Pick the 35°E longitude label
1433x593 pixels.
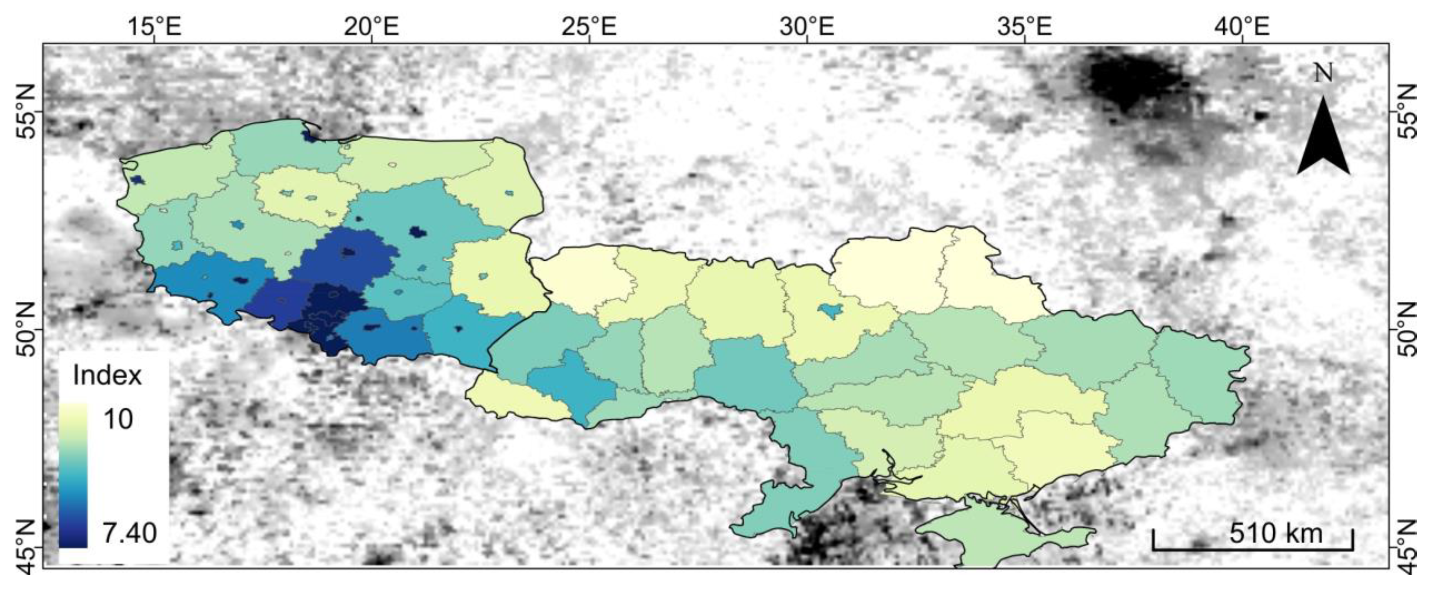coord(1024,26)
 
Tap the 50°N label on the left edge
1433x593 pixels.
coord(26,330)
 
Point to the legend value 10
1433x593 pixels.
coord(118,419)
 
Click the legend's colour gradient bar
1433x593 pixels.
coord(73,476)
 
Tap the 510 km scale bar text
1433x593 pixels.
coord(1276,533)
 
